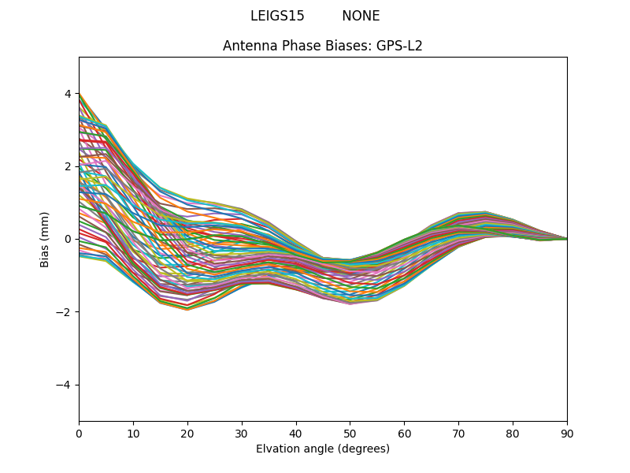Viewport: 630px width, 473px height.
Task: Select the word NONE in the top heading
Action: [361, 16]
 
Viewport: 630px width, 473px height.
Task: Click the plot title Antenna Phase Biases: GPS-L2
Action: [323, 46]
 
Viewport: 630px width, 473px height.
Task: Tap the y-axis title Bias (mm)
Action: [45, 239]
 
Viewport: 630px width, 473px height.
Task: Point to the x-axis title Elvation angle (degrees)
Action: [323, 449]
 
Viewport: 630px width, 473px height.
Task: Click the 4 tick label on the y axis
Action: [68, 94]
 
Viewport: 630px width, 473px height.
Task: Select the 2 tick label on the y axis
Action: [68, 166]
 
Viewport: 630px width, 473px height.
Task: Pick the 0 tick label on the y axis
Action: [68, 239]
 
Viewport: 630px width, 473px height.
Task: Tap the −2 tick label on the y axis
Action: [65, 312]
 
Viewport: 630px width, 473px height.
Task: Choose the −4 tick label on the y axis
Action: [65, 385]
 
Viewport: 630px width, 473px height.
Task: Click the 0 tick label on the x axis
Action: [79, 433]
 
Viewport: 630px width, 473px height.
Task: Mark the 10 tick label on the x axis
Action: [133, 433]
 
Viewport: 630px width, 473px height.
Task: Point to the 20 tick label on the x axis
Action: [187, 433]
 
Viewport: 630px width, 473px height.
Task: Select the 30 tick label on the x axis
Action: [242, 433]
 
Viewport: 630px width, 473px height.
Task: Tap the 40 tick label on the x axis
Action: [296, 433]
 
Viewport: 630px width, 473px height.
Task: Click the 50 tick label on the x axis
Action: [350, 433]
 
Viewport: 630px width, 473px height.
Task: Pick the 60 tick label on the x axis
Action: [404, 433]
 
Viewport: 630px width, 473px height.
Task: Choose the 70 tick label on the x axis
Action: [458, 433]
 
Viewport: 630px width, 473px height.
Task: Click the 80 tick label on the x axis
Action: [513, 433]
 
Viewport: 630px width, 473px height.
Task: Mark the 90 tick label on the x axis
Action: [567, 433]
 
